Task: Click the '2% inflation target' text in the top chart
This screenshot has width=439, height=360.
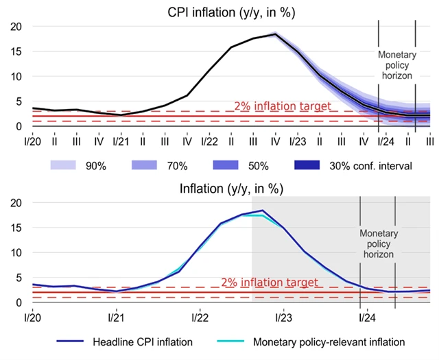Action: point(282,106)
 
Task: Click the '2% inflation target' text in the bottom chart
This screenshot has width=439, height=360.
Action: point(270,283)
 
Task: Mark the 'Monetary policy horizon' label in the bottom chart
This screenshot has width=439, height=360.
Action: point(377,243)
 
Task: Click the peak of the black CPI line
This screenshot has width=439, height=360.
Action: point(275,34)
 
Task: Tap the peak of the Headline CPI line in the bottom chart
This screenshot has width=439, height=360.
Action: point(262,211)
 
